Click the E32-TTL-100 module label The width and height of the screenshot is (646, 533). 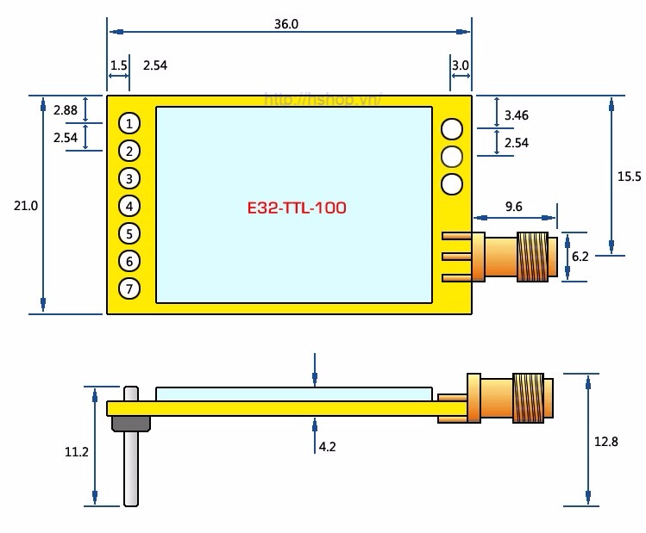pos(297,208)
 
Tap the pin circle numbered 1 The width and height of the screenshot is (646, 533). pos(129,123)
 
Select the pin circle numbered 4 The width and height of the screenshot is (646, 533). pos(129,206)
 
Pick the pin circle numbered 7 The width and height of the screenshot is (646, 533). pos(129,288)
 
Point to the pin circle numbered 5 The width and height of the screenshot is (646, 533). pos(129,233)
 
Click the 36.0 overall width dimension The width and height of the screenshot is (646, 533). pos(286,24)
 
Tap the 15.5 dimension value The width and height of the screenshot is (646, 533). pos(629,177)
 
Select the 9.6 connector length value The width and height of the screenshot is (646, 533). pos(513,207)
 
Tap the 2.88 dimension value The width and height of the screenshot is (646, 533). pos(66,111)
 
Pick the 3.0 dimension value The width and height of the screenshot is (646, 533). pos(460,65)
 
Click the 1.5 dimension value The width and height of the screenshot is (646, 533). pos(119,65)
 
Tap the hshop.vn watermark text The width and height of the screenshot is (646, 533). pos(322,100)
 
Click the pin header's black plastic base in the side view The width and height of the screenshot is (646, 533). pos(130,422)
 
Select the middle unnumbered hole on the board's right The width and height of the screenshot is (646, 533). pos(451,157)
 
